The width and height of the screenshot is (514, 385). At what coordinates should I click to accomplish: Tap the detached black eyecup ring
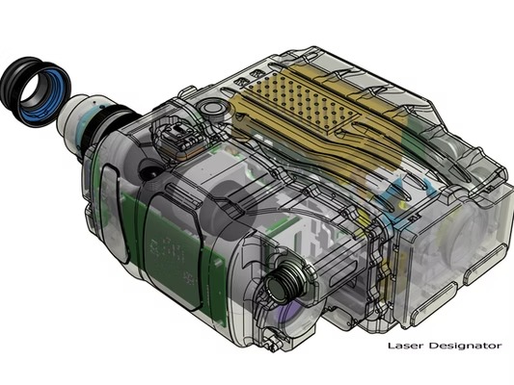[x=35, y=91]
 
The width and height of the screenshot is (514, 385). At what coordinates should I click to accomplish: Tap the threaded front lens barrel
[x=284, y=281]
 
